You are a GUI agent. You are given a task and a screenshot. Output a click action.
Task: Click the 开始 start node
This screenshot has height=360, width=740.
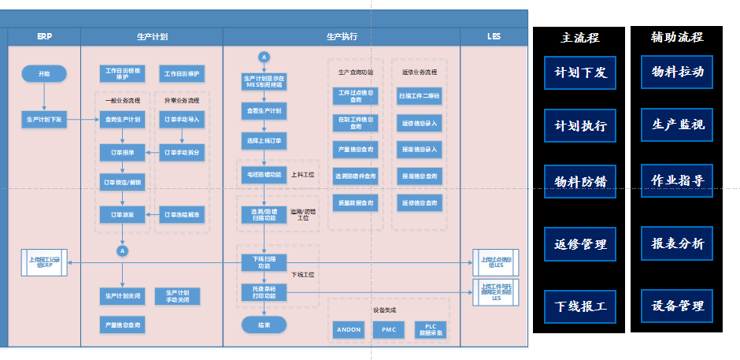click(x=44, y=74)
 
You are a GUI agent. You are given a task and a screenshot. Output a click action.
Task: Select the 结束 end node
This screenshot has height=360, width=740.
click(x=264, y=325)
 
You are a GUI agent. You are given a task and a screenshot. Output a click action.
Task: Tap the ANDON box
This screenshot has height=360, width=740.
click(x=349, y=329)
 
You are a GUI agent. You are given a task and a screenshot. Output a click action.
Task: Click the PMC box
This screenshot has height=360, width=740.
click(x=389, y=329)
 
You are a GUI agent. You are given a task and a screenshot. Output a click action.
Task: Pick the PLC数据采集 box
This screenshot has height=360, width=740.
click(x=430, y=329)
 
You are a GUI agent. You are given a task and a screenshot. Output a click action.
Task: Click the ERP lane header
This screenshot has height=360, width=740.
click(x=44, y=36)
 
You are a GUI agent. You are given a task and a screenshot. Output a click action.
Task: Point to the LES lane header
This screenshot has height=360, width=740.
click(x=494, y=36)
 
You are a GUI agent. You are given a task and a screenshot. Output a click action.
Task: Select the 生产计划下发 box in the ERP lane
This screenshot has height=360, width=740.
click(x=46, y=119)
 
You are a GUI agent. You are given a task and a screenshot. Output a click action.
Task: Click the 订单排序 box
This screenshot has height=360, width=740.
click(x=122, y=152)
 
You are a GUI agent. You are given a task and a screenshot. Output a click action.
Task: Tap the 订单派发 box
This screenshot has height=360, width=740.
click(x=122, y=214)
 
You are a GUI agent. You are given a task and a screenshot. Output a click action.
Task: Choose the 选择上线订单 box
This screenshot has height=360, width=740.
click(x=264, y=140)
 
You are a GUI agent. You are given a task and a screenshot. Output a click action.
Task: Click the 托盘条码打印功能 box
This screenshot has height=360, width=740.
click(x=264, y=292)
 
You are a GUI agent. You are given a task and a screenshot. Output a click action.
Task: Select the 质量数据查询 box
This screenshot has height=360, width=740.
click(x=355, y=202)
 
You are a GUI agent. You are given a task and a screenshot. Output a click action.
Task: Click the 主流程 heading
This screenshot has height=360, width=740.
click(x=579, y=38)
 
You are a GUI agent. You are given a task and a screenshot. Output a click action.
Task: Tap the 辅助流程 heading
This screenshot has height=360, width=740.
click(x=677, y=37)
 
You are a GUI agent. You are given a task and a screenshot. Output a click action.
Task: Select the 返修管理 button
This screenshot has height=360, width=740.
click(x=580, y=244)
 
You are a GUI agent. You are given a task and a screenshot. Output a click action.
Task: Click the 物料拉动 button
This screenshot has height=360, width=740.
click(x=677, y=72)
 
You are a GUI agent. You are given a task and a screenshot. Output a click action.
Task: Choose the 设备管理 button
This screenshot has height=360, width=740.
click(x=677, y=306)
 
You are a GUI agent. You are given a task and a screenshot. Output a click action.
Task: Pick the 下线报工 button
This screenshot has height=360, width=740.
click(x=580, y=306)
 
